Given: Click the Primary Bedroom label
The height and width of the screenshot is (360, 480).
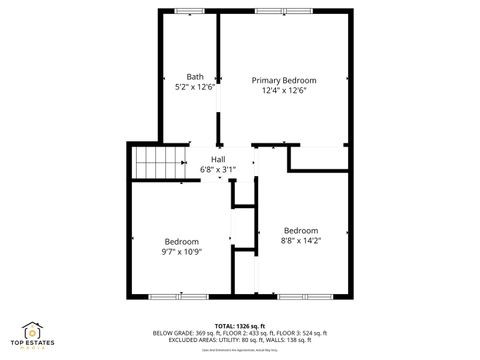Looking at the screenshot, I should (284, 80).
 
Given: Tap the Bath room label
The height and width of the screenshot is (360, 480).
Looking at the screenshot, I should (195, 76).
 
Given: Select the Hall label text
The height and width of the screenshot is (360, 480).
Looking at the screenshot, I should (218, 158).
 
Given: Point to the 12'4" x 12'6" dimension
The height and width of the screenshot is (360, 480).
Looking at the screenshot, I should (284, 90).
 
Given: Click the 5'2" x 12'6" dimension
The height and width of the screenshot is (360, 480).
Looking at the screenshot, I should (195, 86).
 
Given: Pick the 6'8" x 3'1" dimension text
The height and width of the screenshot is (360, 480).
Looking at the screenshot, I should (218, 169).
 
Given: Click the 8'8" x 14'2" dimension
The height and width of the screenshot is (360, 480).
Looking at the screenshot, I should (301, 239).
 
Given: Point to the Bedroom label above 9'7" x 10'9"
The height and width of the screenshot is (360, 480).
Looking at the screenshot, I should (182, 240).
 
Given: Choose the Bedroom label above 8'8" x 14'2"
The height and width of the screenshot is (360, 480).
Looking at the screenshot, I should (301, 229).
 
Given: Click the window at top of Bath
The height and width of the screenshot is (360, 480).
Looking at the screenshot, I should (189, 11).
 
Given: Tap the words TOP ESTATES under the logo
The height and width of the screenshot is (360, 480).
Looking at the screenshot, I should (33, 344).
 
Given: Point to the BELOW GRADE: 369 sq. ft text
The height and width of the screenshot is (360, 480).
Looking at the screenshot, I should (188, 333).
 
